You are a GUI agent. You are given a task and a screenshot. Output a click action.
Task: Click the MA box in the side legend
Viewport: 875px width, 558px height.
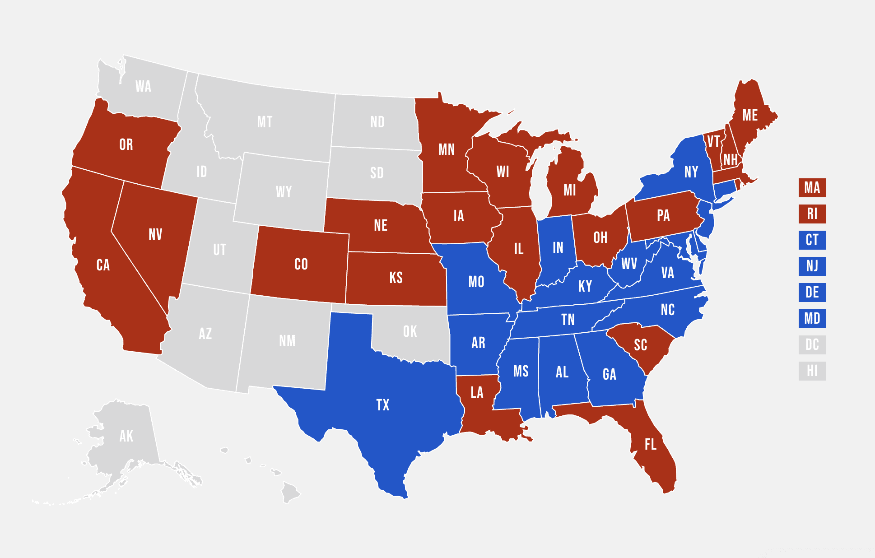click(x=812, y=188)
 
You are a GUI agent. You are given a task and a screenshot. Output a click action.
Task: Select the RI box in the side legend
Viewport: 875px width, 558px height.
click(x=812, y=214)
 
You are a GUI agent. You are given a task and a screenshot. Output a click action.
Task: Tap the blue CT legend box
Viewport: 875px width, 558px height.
click(x=812, y=240)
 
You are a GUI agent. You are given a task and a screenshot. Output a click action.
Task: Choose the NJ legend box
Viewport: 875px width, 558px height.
click(x=812, y=266)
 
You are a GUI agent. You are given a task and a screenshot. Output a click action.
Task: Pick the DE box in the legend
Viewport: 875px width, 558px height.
click(x=812, y=293)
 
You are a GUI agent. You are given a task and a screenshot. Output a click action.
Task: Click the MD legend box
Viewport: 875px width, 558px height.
click(x=812, y=319)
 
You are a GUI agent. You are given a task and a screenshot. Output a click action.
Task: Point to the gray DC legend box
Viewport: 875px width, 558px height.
click(x=812, y=345)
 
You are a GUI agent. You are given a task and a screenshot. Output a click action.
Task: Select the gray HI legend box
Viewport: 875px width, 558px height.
click(x=812, y=371)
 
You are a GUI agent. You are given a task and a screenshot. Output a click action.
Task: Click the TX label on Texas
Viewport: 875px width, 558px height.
click(x=382, y=405)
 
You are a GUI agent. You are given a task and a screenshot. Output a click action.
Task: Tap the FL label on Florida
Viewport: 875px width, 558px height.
click(x=650, y=445)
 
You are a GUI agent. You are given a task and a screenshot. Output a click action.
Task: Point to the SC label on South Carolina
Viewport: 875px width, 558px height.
click(x=640, y=345)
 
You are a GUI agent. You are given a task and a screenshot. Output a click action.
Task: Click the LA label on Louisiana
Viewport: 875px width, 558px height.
click(x=477, y=392)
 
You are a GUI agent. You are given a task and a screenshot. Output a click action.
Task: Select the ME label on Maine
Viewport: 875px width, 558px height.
click(x=750, y=116)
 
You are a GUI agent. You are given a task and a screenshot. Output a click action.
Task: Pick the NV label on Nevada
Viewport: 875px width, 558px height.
click(x=155, y=234)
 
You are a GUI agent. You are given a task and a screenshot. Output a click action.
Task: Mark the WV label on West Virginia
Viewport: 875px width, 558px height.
click(x=628, y=264)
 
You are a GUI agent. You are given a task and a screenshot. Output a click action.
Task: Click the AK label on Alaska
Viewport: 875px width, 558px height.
click(x=126, y=436)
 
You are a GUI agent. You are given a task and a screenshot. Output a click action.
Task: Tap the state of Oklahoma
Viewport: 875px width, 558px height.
click(x=410, y=332)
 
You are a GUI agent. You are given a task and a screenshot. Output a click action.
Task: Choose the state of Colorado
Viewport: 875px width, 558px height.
click(x=301, y=264)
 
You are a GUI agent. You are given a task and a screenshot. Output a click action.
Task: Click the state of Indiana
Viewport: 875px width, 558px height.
click(x=558, y=248)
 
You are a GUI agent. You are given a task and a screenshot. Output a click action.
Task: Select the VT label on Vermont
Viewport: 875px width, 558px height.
click(x=713, y=142)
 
